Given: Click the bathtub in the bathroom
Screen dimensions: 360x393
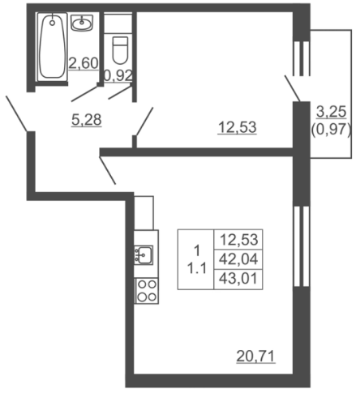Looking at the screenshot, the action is pos(52,46).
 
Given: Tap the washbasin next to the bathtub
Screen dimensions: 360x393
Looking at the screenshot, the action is pos(82,22).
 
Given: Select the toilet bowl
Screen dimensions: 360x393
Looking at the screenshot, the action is pos(120,50).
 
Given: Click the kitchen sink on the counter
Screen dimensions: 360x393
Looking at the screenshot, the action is pos(144,255).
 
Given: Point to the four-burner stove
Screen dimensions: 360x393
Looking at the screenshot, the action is pos(147,291).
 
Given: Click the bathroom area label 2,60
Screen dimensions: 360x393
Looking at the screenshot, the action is pos(83,63).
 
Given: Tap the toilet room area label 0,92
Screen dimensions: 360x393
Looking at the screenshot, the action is pos(118,75).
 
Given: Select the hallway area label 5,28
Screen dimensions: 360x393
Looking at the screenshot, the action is pos(87,120).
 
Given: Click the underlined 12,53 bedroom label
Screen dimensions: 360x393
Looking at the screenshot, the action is pos(237,127).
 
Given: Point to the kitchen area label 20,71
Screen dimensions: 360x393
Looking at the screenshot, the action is pos(255,357).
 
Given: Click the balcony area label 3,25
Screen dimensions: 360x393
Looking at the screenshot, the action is pos(332,112).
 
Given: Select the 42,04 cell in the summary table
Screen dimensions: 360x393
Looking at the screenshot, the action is pos(238,259).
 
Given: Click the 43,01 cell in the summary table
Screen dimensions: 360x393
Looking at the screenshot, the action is pos(238,279).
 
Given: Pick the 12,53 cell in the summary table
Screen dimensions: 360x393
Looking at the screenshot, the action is pos(238,240).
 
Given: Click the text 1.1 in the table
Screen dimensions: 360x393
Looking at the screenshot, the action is pos(197,269).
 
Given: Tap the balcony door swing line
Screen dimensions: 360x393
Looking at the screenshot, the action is pos(292,88).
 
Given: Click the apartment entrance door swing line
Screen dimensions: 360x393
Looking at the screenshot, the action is pos(17,113).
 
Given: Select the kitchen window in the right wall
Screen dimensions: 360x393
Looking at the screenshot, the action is pos(302,246).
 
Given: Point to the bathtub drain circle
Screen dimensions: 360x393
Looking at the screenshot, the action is pos(52,23).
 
